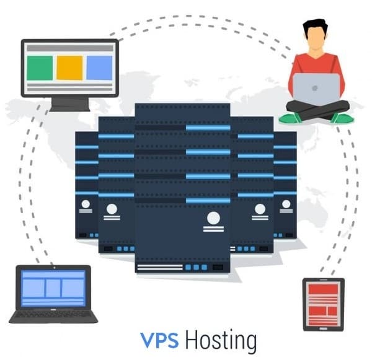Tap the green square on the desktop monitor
coord(40,68)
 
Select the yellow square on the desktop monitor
coord(69,68)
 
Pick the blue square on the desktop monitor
coord(99,68)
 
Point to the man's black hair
coord(315,27)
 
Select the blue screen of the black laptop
coord(53,288)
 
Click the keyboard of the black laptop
coord(53,314)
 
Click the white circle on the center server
coord(213,218)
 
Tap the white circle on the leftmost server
coord(85,204)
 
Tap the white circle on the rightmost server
coord(286,203)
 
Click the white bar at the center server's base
coord(159,268)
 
